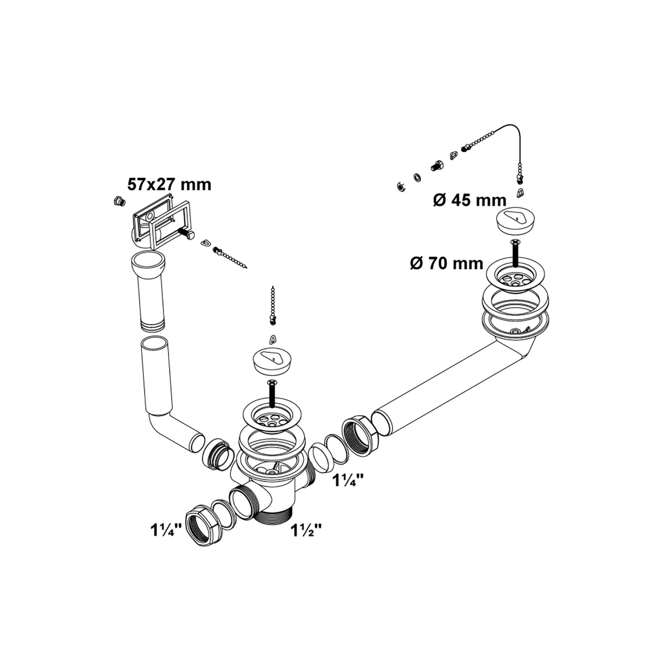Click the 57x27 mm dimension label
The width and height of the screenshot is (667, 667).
(x=169, y=184)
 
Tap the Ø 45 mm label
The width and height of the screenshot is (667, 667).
(x=470, y=201)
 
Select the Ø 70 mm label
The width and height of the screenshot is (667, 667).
(x=446, y=263)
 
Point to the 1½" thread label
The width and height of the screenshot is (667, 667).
(x=306, y=530)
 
